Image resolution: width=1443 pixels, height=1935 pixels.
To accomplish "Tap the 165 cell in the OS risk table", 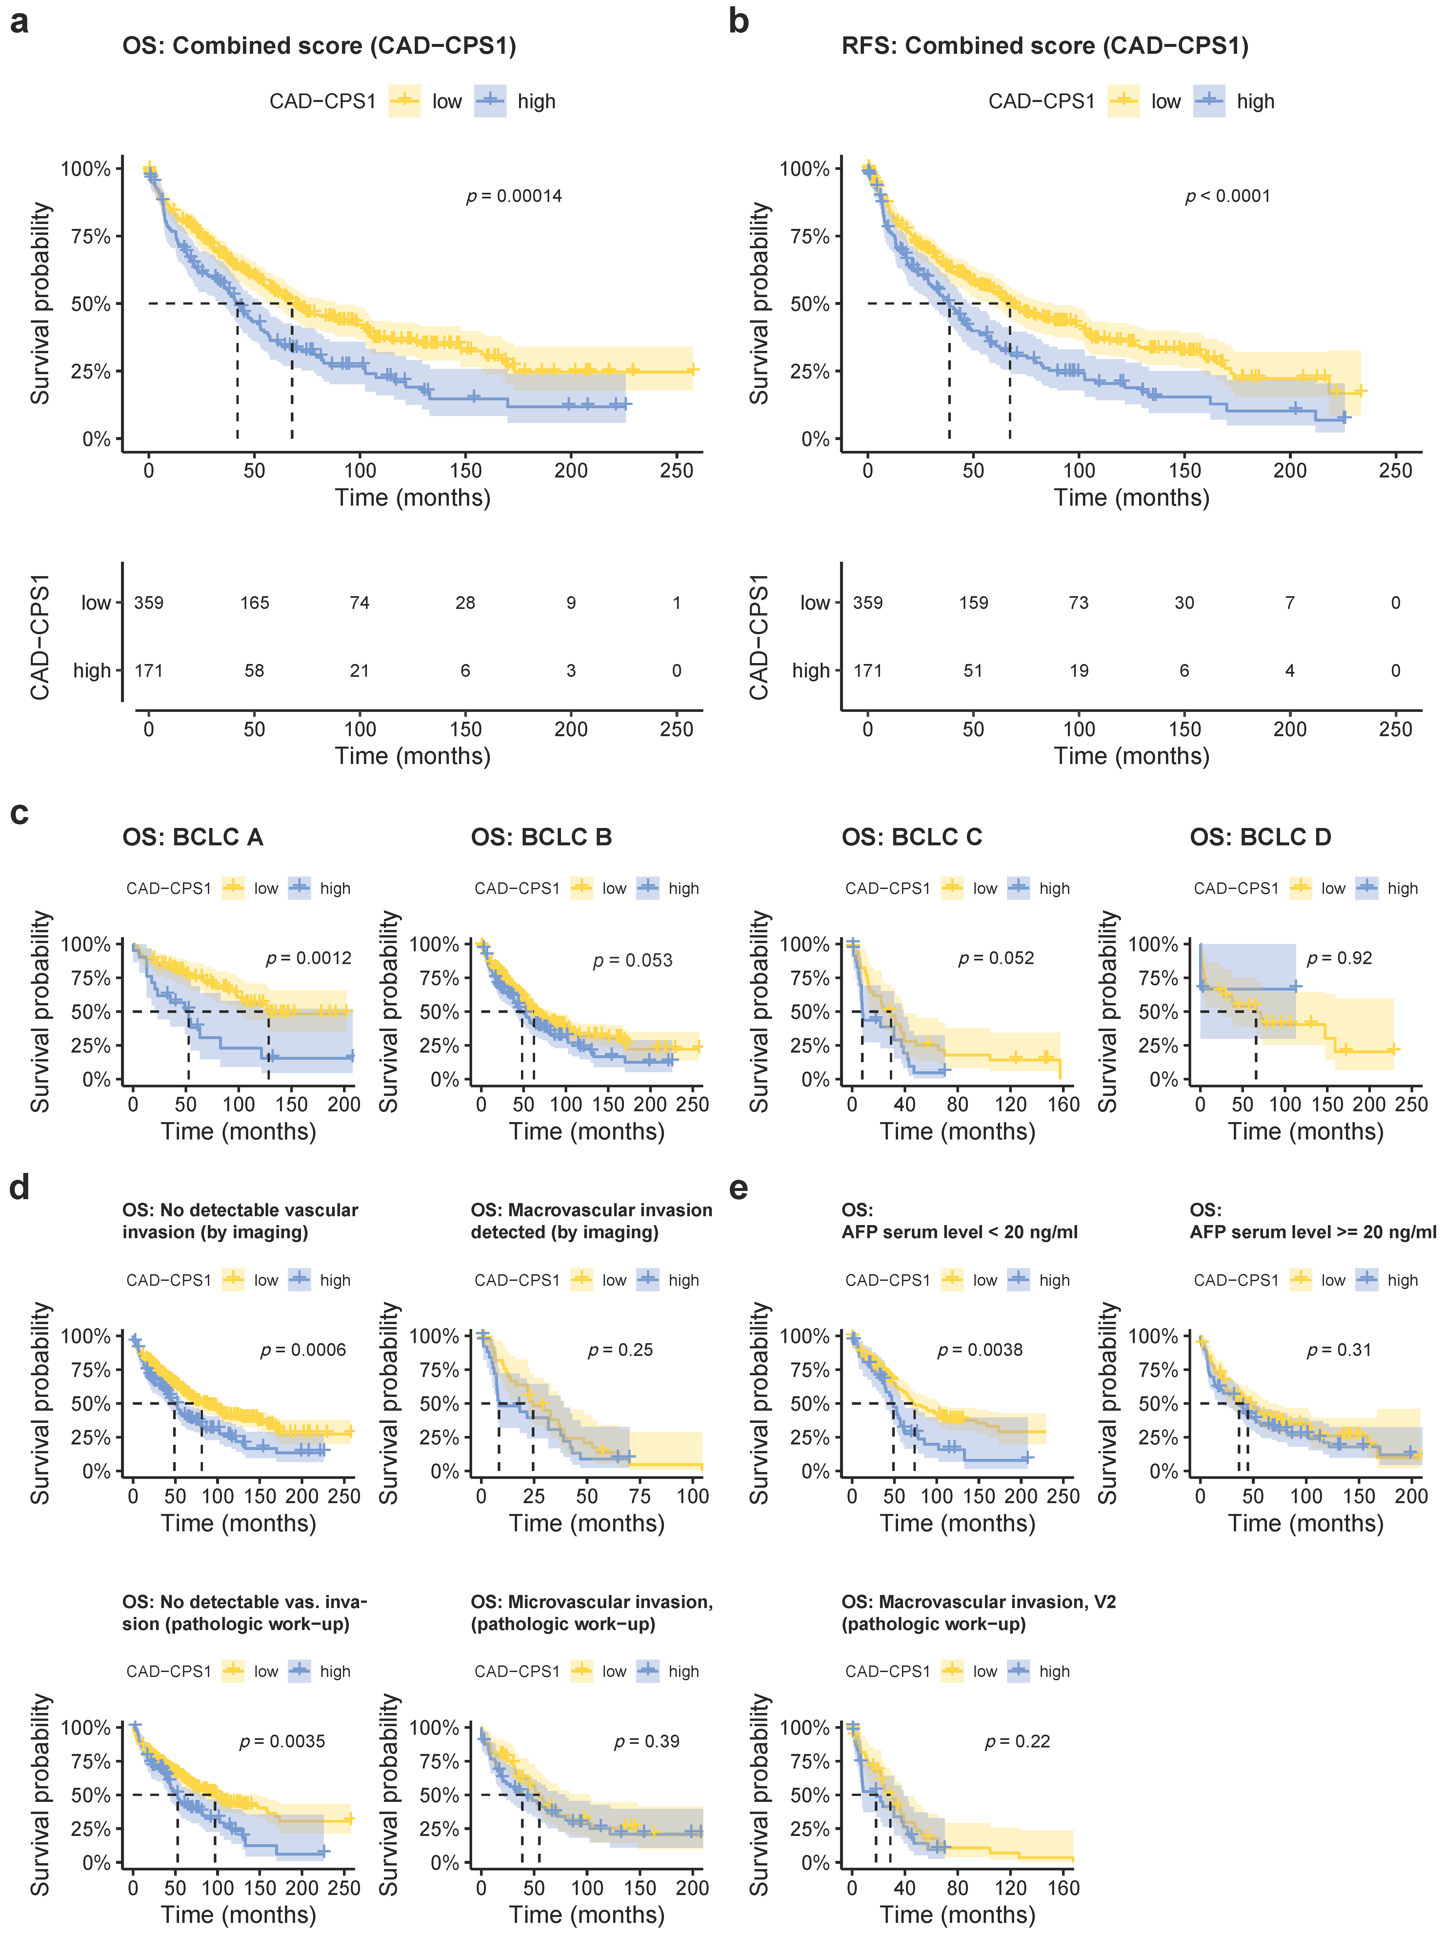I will [254, 603].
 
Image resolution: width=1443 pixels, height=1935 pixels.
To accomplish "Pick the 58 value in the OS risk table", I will [254, 671].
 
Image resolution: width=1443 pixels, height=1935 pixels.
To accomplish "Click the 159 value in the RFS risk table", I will [973, 603].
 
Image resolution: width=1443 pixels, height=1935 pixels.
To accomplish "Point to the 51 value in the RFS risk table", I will [973, 671].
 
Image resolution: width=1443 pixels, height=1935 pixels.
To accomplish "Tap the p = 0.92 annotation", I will [1339, 958].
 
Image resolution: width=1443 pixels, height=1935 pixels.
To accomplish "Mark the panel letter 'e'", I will [738, 1188].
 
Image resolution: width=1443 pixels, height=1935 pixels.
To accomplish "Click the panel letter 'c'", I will [19, 813].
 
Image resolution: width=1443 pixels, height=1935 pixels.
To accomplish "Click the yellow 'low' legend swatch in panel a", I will [404, 101].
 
